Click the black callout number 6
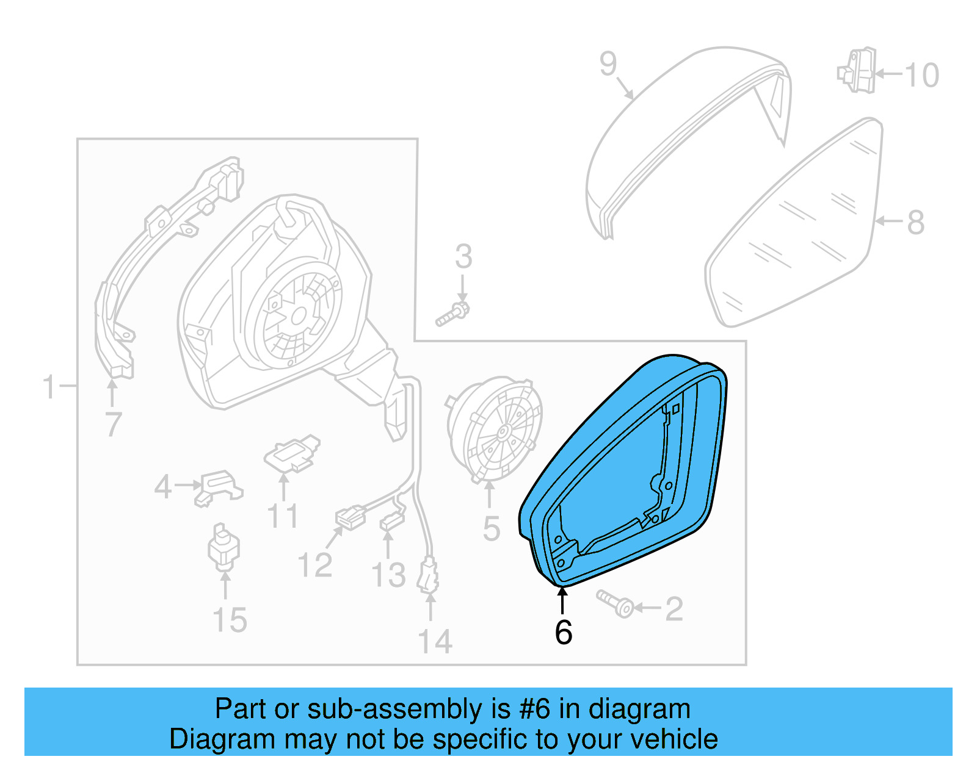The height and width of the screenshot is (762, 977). point(563,633)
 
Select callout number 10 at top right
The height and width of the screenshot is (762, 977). point(921,76)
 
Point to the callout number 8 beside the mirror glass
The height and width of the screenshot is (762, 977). point(915,223)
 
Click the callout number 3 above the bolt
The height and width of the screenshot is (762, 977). point(463,257)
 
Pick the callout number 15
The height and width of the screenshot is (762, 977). point(230,620)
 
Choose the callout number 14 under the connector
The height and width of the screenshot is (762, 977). point(435,642)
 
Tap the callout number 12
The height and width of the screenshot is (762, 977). point(314,566)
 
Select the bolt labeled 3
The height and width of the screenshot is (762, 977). point(452,314)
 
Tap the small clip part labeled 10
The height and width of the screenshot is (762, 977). point(857,71)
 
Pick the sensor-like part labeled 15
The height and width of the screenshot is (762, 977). point(223,547)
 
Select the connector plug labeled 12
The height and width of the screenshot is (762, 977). point(351,517)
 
